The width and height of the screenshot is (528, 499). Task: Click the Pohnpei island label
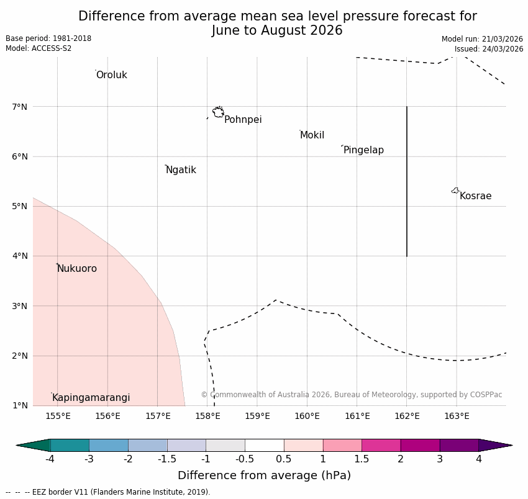(x=243, y=120)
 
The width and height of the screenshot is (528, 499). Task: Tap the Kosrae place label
(x=475, y=196)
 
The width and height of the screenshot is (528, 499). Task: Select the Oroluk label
(x=111, y=75)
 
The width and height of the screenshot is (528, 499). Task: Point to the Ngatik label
(x=181, y=170)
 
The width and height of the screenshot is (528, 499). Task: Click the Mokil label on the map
(x=312, y=135)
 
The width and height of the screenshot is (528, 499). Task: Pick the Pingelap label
(x=363, y=150)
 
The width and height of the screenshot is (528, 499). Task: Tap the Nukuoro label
(x=77, y=269)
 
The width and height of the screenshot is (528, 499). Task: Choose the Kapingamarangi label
(x=91, y=398)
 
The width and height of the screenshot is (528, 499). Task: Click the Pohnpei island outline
(x=218, y=112)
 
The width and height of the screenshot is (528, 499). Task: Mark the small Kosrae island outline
(x=455, y=191)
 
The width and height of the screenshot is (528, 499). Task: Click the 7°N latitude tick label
(x=20, y=107)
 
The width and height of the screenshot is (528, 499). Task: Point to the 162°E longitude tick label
(x=407, y=416)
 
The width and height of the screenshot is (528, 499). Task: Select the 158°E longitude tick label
(x=207, y=416)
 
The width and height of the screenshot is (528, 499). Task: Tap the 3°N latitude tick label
(x=20, y=306)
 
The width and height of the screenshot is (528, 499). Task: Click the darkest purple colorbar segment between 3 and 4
(x=459, y=445)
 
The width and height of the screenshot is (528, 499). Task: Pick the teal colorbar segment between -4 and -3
(x=70, y=445)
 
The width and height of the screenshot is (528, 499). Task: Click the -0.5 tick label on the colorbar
(x=245, y=459)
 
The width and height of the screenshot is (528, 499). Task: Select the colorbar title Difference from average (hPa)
(x=264, y=475)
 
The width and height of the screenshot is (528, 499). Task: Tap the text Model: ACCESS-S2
(x=39, y=48)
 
